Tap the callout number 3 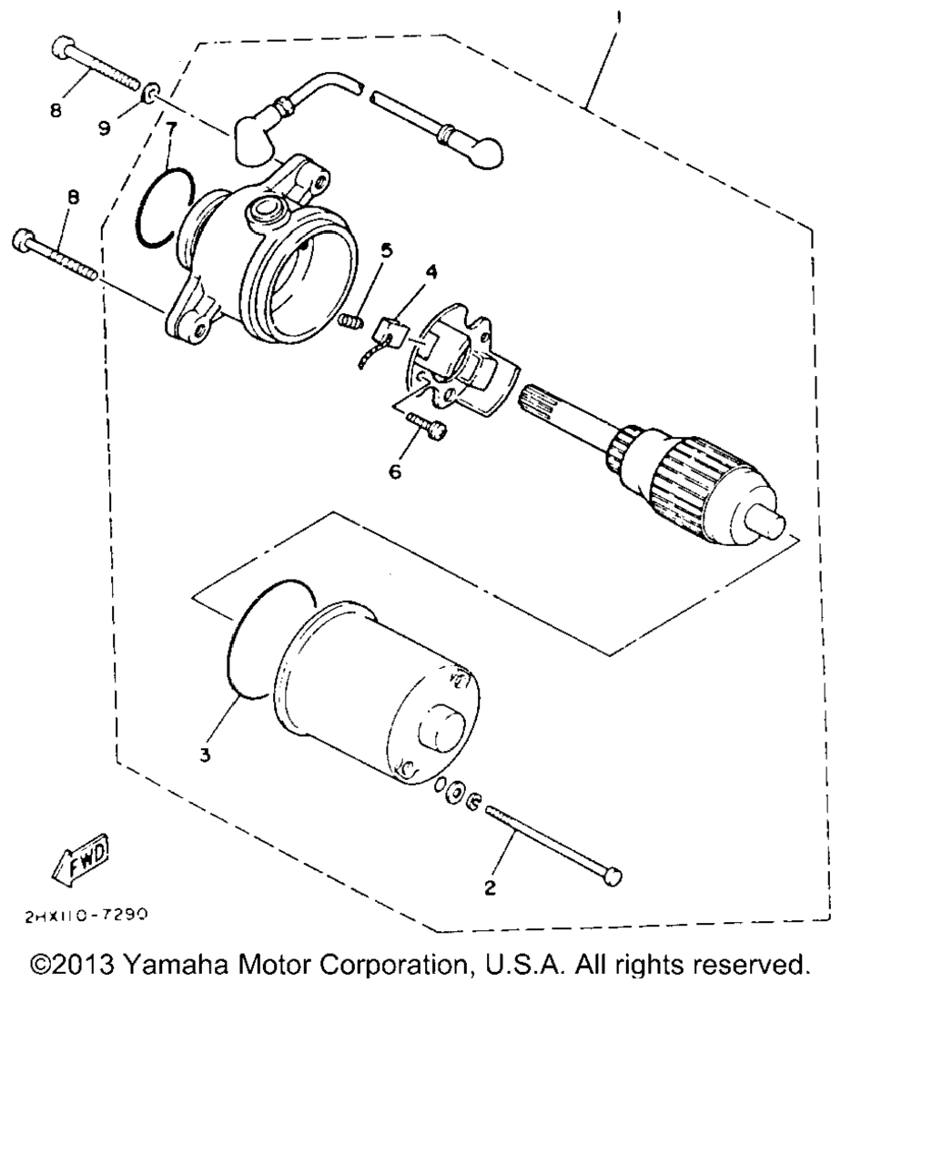[x=205, y=755]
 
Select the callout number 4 [x=431, y=272]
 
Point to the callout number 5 [x=386, y=250]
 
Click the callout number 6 [x=394, y=471]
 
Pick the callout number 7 [x=169, y=125]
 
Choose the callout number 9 [x=105, y=128]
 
